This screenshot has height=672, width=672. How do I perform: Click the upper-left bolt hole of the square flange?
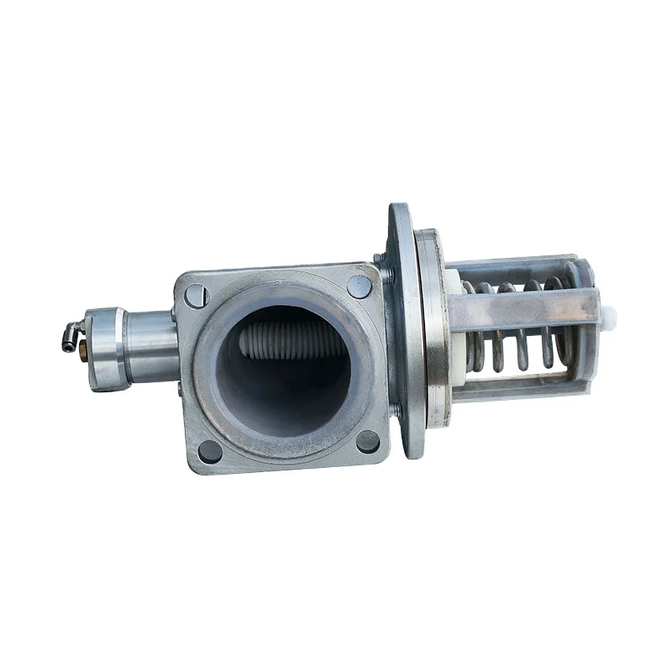[x=196, y=296]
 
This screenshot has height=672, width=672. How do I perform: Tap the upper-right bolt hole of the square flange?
[x=359, y=286]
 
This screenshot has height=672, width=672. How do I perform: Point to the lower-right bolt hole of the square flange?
[x=368, y=440]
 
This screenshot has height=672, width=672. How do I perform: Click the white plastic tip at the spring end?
[x=611, y=318]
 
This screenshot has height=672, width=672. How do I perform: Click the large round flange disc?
[x=402, y=328]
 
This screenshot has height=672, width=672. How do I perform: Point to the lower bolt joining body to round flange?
[x=393, y=411]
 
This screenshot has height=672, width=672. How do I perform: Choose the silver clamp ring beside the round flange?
[x=433, y=328]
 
